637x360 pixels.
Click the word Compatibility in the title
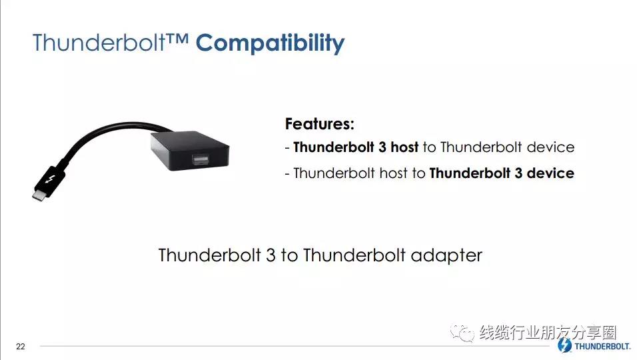coord(270,43)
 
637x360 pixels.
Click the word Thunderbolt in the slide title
coord(99,42)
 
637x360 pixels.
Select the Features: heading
coord(320,124)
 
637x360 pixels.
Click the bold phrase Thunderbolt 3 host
coord(356,147)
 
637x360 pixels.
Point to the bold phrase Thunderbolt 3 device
coord(502,173)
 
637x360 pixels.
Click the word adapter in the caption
coord(446,255)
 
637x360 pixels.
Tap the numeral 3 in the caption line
coord(271,255)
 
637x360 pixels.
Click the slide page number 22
coord(20,347)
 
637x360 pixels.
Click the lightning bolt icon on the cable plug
coord(51,179)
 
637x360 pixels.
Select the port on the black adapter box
coord(201,159)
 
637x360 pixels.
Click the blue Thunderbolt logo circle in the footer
coord(564,345)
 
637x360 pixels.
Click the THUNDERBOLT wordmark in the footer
coord(602,346)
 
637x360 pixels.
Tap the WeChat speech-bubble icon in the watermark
coord(462,333)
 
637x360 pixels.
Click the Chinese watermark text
coord(548,333)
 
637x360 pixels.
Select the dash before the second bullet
coord(287,174)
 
